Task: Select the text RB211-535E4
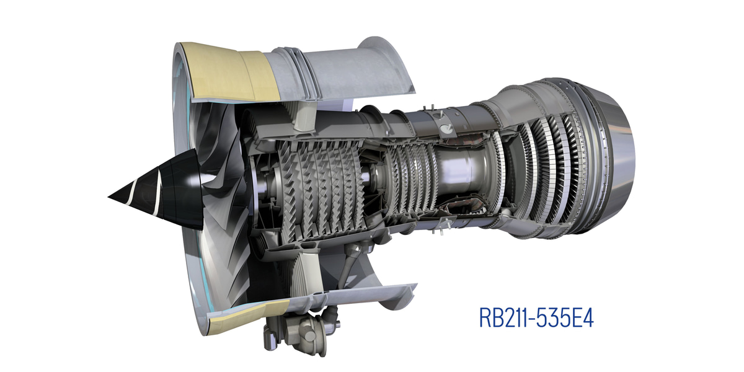(536, 317)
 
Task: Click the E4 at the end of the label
(583, 317)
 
